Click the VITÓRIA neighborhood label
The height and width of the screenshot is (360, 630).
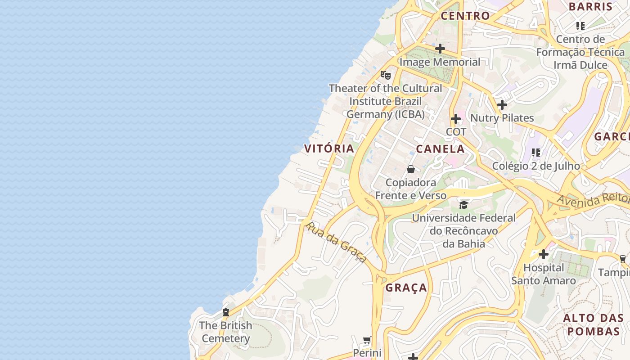point(329,148)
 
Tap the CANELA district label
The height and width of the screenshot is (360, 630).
point(440,149)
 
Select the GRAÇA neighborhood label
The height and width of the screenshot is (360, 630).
point(406,288)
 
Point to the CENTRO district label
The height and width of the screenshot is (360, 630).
point(465,16)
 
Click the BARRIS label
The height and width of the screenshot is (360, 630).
point(590,7)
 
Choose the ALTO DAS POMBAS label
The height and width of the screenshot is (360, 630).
point(593,325)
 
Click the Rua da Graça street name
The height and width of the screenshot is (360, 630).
point(336,242)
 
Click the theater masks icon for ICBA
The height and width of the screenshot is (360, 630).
point(386,75)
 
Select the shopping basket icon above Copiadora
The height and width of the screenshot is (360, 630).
point(411,169)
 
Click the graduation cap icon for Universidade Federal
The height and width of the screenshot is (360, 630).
point(463,205)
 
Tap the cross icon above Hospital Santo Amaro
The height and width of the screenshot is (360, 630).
point(543,254)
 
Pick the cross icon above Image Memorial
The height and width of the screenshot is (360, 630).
point(440,49)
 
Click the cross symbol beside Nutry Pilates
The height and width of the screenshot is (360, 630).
point(502,105)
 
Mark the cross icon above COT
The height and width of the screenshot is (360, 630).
point(456,119)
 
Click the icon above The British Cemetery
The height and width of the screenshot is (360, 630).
point(226,312)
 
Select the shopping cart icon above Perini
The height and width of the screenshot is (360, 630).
point(367,340)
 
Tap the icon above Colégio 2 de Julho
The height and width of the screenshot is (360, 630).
point(535,153)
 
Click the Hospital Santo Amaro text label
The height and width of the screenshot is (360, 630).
point(543,274)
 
